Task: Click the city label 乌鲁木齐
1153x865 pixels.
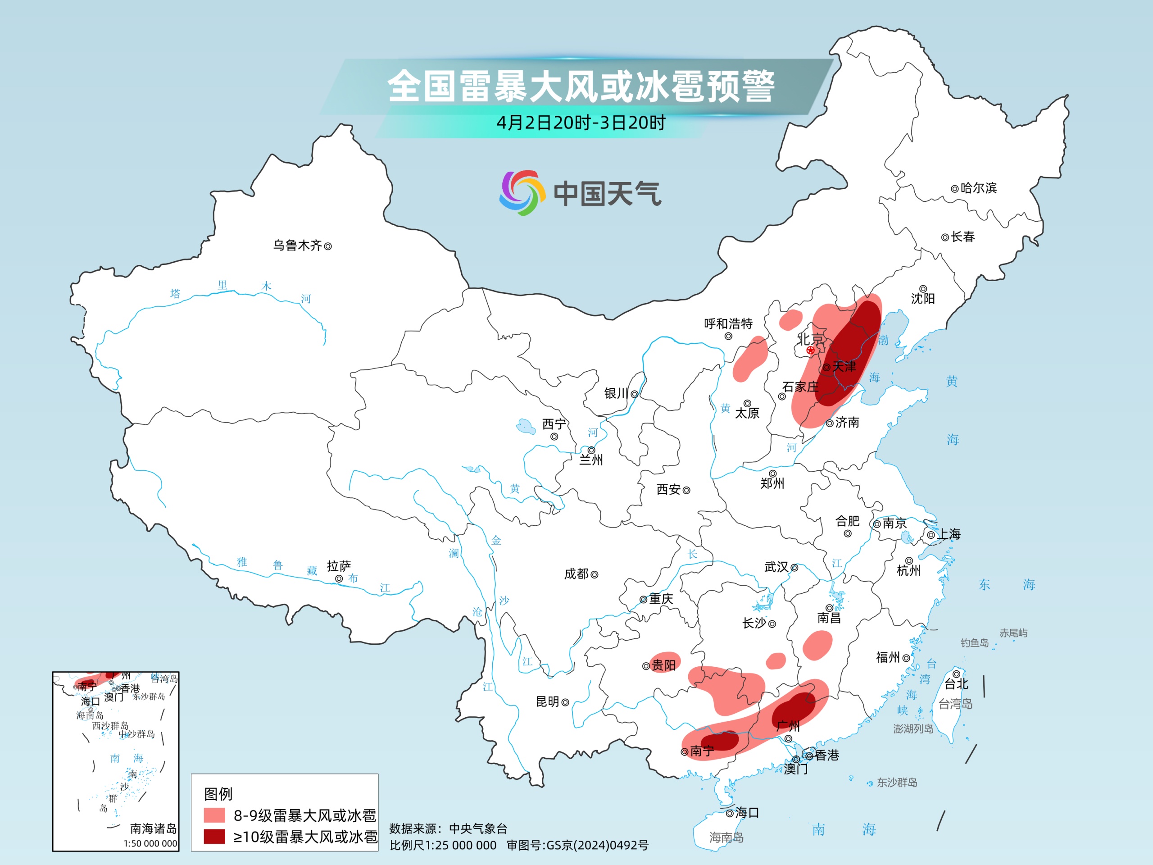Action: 298,246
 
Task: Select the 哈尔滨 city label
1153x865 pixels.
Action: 978,188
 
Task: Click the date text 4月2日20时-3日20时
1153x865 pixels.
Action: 581,123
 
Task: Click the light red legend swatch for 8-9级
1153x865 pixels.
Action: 214,815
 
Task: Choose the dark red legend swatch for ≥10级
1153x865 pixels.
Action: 214,836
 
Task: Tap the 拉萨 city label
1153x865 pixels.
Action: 339,566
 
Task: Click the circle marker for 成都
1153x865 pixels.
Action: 594,574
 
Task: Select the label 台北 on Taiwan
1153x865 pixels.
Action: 957,683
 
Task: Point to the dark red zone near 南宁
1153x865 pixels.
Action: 719,740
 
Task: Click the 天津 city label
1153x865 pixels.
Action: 844,367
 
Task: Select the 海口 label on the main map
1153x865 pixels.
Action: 747,812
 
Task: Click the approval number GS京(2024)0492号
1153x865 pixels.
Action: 597,845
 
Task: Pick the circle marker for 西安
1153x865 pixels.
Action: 686,490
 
